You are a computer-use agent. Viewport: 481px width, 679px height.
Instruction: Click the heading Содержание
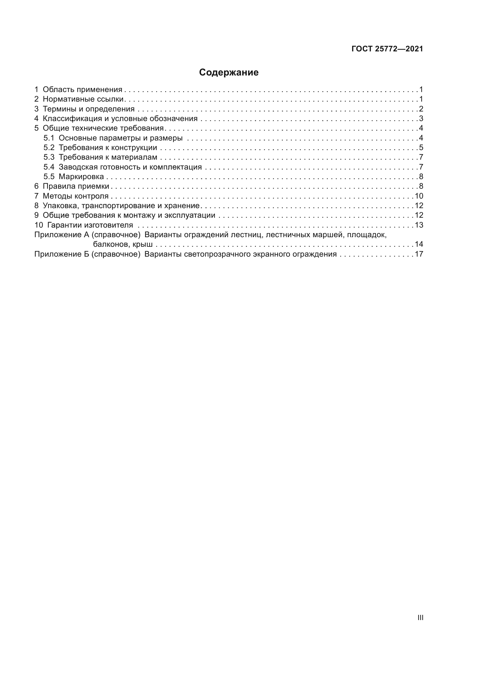[229, 73]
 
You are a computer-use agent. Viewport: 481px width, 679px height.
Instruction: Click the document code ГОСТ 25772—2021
[387, 49]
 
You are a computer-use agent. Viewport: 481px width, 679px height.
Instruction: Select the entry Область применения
[82, 90]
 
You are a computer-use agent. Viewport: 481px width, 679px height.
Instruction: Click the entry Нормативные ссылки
[83, 99]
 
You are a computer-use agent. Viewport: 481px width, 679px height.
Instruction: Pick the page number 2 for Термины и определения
[421, 109]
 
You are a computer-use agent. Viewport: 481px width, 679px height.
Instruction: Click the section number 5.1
[49, 138]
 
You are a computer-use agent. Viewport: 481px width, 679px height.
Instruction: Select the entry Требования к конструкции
[108, 147]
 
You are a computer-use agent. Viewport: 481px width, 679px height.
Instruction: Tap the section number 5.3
[49, 157]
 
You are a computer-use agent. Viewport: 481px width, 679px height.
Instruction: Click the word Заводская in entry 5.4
[78, 167]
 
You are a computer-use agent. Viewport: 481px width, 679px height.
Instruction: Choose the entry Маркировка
[81, 177]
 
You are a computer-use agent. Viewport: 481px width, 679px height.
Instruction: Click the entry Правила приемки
[76, 186]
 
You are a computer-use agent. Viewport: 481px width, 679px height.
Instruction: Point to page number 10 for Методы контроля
[419, 196]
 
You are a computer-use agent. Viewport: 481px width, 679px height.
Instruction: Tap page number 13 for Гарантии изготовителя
[419, 225]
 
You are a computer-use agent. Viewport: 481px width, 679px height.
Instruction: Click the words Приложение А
[62, 235]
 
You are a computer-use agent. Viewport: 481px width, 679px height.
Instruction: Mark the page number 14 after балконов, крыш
[419, 244]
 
